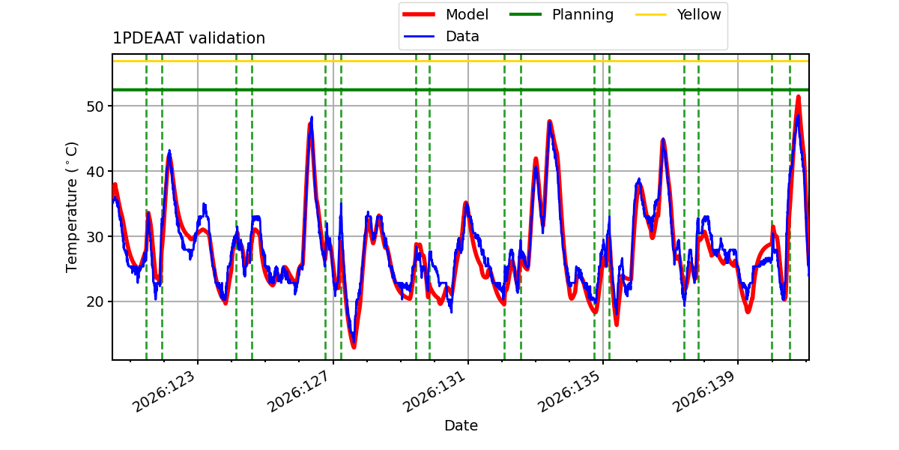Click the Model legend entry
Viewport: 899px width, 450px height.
446,14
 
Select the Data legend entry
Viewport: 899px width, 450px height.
441,37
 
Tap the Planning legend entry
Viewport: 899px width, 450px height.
561,14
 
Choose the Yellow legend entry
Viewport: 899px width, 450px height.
678,14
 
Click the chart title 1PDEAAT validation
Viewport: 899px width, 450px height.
189,38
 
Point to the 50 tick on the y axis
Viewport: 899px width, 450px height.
94,106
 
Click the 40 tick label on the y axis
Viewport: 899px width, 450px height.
94,172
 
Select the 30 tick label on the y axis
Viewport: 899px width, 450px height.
94,237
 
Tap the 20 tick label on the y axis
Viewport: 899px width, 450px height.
94,301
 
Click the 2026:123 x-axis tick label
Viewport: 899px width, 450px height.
165,391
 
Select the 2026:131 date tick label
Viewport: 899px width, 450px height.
435,391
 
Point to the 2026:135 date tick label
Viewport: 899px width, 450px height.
570,391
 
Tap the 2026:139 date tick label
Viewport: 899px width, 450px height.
705,391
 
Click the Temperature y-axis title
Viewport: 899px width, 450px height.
71,207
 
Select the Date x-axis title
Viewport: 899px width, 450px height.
461,425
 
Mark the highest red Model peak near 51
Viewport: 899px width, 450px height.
799,97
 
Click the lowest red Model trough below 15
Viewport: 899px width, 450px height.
354,346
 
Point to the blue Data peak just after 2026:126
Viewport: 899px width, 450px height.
312,118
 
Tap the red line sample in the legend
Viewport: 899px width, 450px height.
419,14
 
